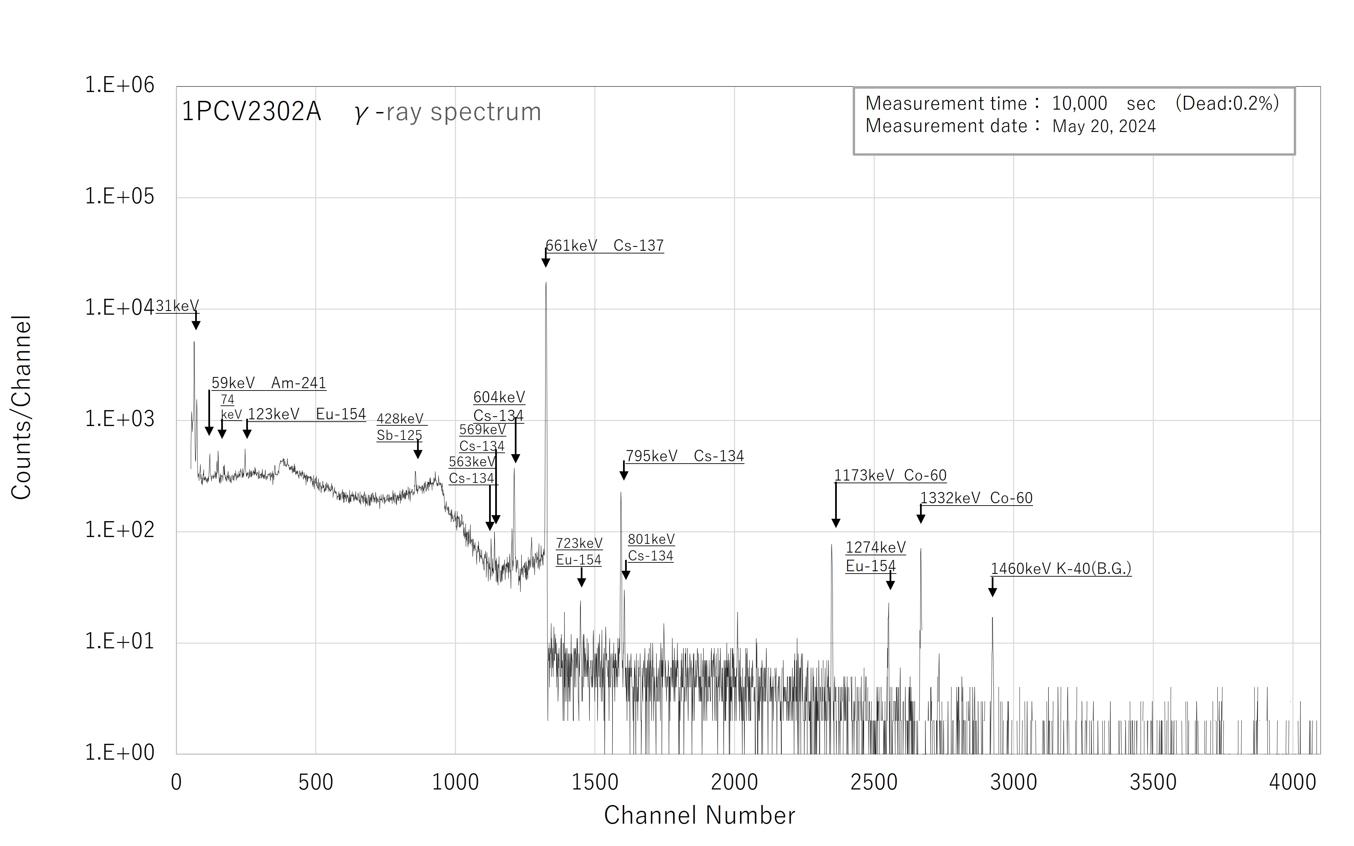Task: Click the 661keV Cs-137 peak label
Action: (604, 246)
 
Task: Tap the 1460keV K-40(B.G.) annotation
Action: (1060, 569)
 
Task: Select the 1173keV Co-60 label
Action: (890, 475)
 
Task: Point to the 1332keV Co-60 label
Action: (976, 498)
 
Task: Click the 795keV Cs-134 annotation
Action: (685, 456)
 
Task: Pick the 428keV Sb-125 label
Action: (400, 427)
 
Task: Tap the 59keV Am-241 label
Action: (269, 383)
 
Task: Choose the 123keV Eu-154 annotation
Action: (306, 414)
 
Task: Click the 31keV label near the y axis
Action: (177, 306)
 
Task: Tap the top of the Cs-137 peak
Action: (546, 283)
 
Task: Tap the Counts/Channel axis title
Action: (21, 407)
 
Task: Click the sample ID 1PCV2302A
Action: (251, 112)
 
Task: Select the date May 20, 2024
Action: (1103, 127)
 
